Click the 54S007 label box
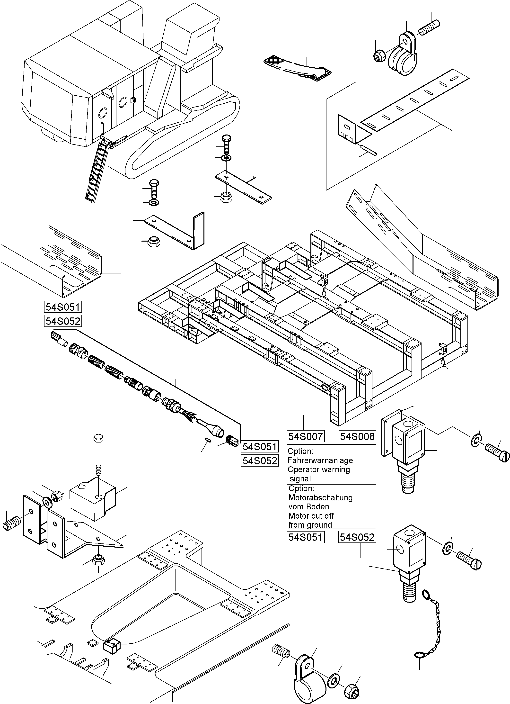click(x=306, y=436)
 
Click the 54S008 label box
click(x=357, y=436)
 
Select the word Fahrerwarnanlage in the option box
click(x=320, y=460)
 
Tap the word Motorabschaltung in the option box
click(x=320, y=497)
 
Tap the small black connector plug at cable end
click(x=232, y=440)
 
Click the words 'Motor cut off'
click(x=311, y=516)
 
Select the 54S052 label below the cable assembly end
click(x=259, y=461)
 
